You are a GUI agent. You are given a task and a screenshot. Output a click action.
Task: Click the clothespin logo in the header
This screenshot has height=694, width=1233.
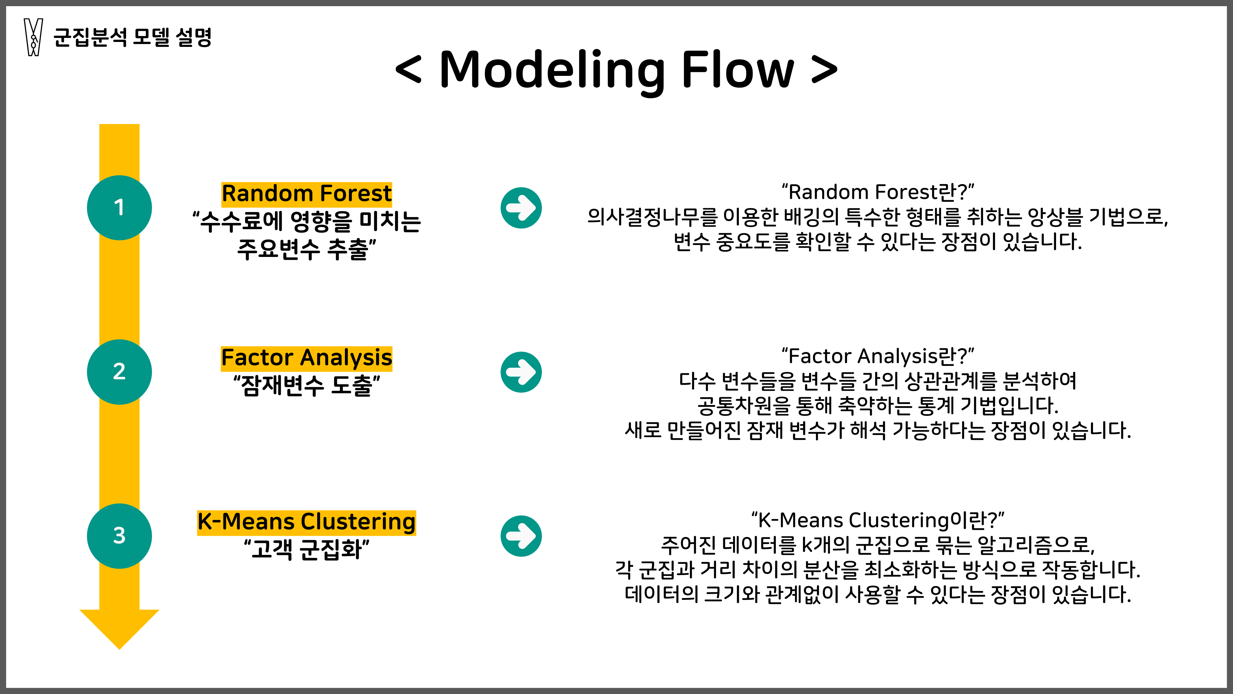33,37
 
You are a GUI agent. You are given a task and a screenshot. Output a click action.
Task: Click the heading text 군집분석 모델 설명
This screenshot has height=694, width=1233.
132,37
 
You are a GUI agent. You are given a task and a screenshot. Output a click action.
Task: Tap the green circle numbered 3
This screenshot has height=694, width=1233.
119,536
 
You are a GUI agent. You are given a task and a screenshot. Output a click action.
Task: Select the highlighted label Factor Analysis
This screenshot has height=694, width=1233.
306,358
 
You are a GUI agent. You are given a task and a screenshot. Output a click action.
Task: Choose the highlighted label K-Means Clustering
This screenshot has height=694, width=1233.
306,522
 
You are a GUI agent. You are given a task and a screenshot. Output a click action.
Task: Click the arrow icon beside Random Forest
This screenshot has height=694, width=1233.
521,208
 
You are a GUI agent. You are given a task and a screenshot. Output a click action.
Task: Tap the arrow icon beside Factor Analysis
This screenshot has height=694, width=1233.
521,372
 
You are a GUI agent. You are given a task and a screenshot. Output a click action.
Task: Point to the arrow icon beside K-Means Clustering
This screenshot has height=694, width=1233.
521,536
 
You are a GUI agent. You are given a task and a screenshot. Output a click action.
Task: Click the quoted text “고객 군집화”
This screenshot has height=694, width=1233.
306,549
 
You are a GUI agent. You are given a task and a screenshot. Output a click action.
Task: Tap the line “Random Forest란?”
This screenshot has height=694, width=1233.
877,192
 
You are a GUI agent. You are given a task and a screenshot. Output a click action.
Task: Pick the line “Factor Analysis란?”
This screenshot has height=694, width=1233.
877,356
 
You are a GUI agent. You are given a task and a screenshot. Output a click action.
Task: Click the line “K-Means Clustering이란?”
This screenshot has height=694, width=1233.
877,520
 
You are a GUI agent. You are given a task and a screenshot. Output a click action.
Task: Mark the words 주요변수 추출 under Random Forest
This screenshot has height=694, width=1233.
306,249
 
